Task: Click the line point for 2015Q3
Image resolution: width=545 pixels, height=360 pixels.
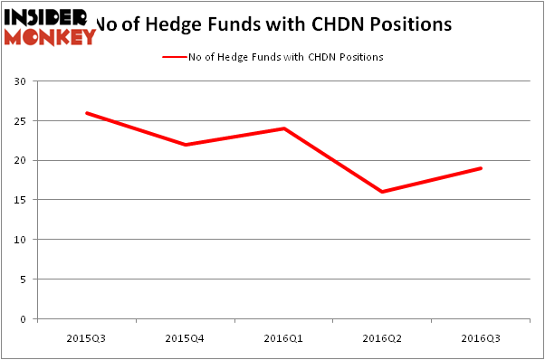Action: click(86, 113)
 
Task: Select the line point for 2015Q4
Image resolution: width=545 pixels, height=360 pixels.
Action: click(185, 145)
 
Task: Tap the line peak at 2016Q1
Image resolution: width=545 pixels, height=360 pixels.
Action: click(283, 128)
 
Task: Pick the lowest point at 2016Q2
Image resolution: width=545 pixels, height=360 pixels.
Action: click(382, 192)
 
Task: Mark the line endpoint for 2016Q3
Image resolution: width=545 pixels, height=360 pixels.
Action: click(481, 168)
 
